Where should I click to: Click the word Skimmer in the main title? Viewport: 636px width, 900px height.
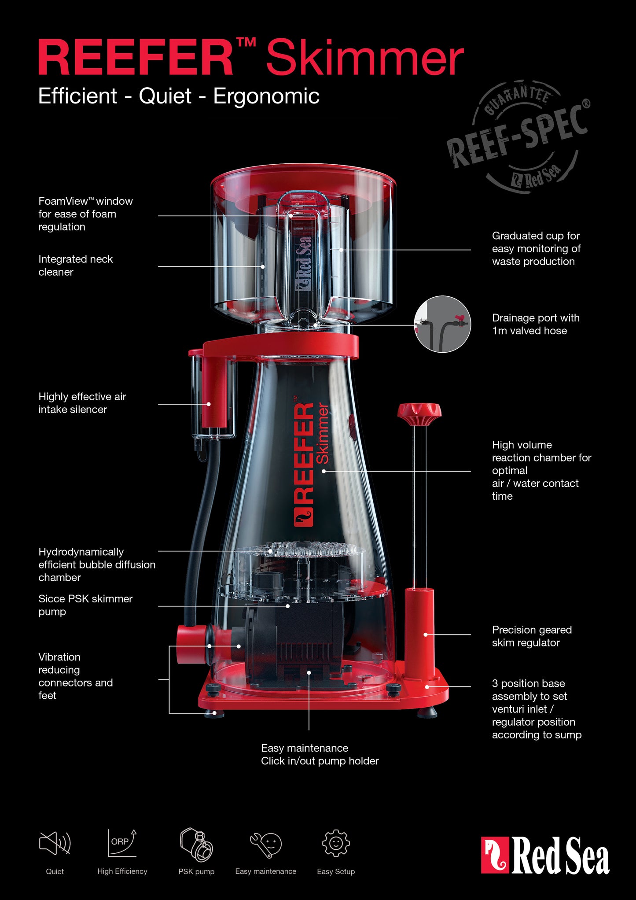click(364, 58)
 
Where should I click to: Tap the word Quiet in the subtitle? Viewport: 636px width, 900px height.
click(165, 96)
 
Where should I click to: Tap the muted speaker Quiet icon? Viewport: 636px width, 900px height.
click(55, 843)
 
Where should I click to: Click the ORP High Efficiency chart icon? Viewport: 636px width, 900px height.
click(122, 843)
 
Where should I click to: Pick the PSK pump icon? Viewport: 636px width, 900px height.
click(196, 844)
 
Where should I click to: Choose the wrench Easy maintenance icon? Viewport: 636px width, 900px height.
click(265, 844)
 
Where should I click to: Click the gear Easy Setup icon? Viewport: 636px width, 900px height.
click(336, 843)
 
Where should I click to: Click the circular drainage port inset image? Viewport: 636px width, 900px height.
click(442, 324)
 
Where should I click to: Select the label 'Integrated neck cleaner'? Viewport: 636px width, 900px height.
click(75, 266)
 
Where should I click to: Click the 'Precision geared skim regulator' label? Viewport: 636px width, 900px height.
click(532, 636)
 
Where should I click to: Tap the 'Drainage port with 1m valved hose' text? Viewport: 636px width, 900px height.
click(535, 324)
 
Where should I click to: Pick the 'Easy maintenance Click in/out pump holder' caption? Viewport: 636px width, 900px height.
click(320, 754)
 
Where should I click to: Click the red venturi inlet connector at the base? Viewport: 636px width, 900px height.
click(191, 645)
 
